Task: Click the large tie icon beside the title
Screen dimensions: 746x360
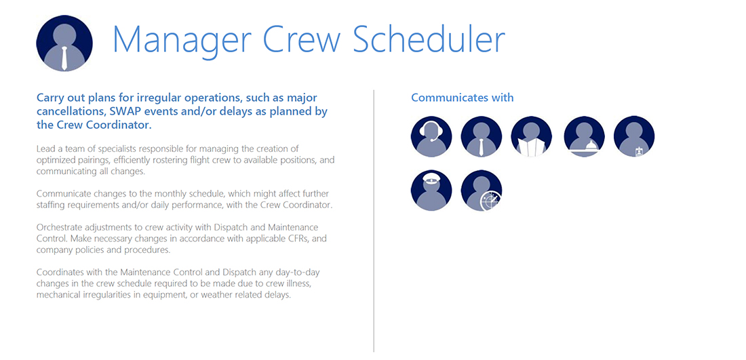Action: click(64, 43)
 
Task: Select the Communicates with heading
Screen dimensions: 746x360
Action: click(462, 98)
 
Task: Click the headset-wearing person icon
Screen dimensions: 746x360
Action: click(431, 136)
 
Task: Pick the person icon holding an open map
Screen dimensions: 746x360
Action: click(532, 136)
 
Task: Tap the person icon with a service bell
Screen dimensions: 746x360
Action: click(584, 136)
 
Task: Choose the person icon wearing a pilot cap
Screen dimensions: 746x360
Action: click(431, 191)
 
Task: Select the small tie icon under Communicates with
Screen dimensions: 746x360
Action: click(482, 136)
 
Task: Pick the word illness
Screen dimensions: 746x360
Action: click(299, 283)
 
